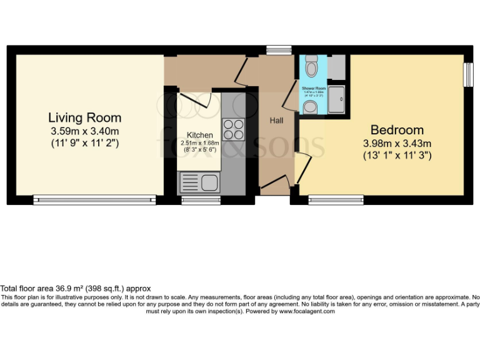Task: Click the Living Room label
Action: (x=85, y=117)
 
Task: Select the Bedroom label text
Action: (x=397, y=130)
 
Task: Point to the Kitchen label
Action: (x=199, y=135)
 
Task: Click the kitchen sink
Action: (x=198, y=183)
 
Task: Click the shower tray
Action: (x=338, y=97)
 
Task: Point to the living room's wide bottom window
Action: (x=95, y=200)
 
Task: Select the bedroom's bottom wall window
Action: (x=336, y=200)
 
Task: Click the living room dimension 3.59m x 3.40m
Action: (x=85, y=131)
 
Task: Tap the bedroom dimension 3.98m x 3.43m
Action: (x=397, y=144)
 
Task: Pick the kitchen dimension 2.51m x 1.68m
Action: (x=199, y=142)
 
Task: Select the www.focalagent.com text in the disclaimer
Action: (x=307, y=311)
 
